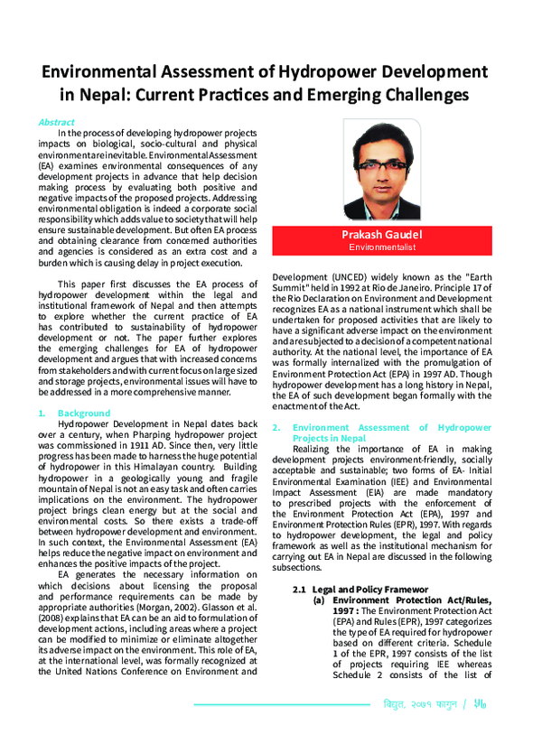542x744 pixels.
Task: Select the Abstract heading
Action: pyautogui.click(x=56, y=122)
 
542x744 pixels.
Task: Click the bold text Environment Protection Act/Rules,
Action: pyautogui.click(x=412, y=574)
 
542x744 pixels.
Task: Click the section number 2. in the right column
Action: pyautogui.click(x=276, y=427)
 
